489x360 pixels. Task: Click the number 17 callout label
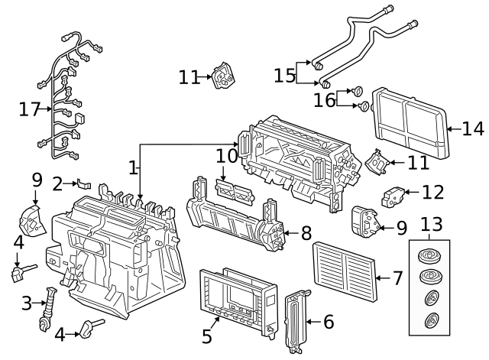30,110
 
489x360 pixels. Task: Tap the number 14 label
473,128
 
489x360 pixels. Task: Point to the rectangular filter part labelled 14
410,122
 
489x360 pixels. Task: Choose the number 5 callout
206,336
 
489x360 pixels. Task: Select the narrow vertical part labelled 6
297,322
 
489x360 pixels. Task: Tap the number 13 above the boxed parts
431,225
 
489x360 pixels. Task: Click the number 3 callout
27,303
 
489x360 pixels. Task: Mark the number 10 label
227,156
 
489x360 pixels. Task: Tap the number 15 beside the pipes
285,76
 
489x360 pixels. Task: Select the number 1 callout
133,166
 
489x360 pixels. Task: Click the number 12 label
432,191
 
